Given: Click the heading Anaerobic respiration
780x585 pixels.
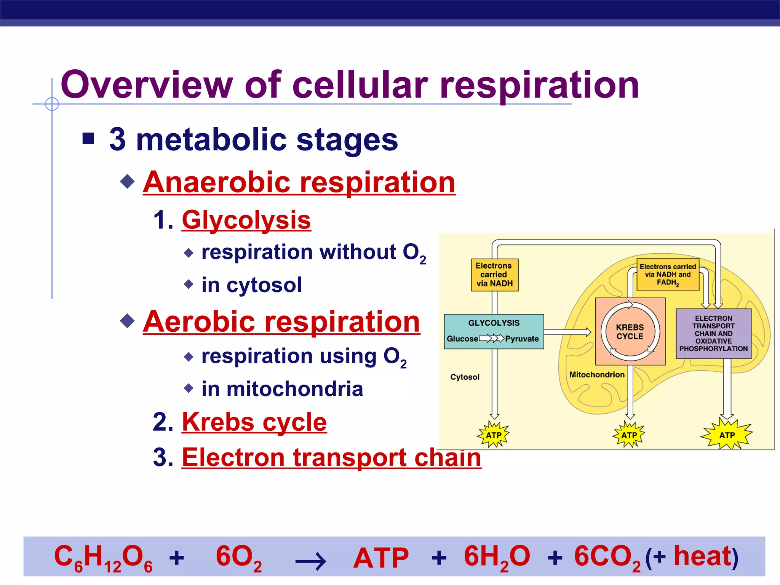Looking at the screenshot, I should pyautogui.click(x=299, y=182).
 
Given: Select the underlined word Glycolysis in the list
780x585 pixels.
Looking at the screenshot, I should pyautogui.click(x=246, y=220).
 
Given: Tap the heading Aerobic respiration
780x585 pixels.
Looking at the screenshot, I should pyautogui.click(x=281, y=322).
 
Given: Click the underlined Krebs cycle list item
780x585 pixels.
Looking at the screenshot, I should pyautogui.click(x=254, y=422).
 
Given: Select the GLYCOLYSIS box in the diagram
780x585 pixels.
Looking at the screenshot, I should pyautogui.click(x=494, y=331).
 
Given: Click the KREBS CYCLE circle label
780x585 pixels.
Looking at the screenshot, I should pyautogui.click(x=630, y=332).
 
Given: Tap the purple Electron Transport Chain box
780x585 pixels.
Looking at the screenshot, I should pyautogui.click(x=713, y=333).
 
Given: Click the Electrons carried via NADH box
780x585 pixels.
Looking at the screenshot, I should pyautogui.click(x=494, y=275).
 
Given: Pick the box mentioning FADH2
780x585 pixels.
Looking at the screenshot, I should pyautogui.click(x=668, y=275).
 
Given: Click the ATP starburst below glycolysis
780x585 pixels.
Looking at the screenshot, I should pyautogui.click(x=494, y=435).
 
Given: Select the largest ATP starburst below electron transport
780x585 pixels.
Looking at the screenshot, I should pyautogui.click(x=727, y=435).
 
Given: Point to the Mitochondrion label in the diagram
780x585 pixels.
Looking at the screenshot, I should pyautogui.click(x=596, y=375).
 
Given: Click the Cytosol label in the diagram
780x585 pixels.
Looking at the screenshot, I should pyautogui.click(x=465, y=377).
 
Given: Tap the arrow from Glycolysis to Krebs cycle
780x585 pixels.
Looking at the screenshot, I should pyautogui.click(x=567, y=332).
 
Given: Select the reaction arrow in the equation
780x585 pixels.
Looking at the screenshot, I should pyautogui.click(x=310, y=561).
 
